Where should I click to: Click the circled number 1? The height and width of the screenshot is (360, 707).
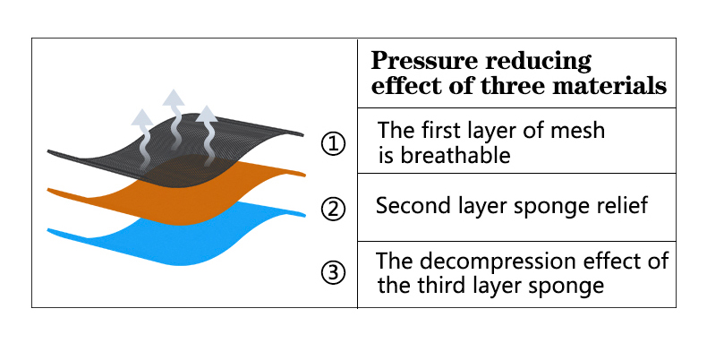[333, 144]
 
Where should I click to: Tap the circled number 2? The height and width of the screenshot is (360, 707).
[333, 209]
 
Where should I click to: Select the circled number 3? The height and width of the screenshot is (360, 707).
[333, 272]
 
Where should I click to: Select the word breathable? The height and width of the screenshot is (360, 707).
[456, 155]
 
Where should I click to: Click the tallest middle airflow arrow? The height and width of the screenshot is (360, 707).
[174, 129]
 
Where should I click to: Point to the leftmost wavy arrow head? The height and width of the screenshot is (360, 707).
[142, 117]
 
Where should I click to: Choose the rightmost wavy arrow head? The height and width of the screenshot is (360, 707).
[207, 114]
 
